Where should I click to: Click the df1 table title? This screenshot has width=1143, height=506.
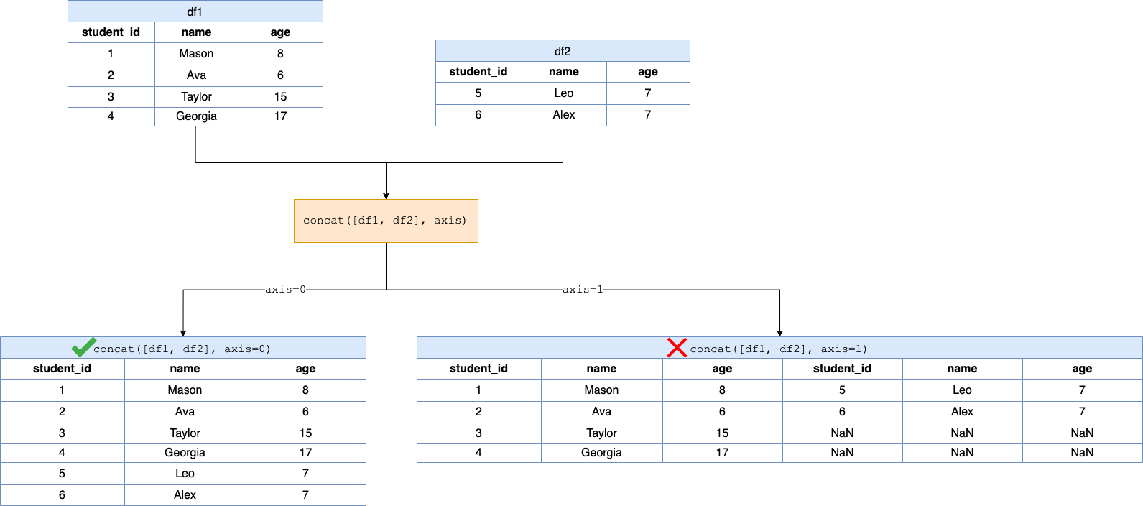pos(195,11)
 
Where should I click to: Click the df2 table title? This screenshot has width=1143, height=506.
pos(563,51)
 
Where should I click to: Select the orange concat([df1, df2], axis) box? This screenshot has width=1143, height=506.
pos(386,221)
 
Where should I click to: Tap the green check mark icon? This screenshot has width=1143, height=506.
pos(83,347)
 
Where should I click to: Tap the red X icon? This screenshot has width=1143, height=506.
pos(677,347)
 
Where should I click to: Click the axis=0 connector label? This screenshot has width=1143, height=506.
pos(285,289)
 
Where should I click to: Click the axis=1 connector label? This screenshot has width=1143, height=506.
pos(583,289)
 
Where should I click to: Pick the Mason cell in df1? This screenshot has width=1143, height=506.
pos(196,54)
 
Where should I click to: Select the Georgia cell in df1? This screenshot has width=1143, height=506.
pos(196,116)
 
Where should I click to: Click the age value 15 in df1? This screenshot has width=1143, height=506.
pos(280,96)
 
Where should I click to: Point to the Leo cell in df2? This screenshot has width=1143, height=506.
pos(564,93)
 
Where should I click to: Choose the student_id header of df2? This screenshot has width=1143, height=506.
pos(478,72)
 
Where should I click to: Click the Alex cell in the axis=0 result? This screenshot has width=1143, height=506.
pos(185,495)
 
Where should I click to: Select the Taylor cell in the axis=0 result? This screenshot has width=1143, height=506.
pos(185,433)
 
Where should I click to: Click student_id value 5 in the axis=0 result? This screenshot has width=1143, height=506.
pos(62,474)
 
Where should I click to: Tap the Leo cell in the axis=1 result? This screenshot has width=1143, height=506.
pos(962,390)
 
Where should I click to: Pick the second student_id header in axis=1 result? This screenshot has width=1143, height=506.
pos(842,369)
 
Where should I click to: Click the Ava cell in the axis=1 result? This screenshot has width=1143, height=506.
pos(601,412)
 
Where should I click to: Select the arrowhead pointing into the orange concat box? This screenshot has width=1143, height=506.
pos(386,195)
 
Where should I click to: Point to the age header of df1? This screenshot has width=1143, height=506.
pos(280,32)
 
